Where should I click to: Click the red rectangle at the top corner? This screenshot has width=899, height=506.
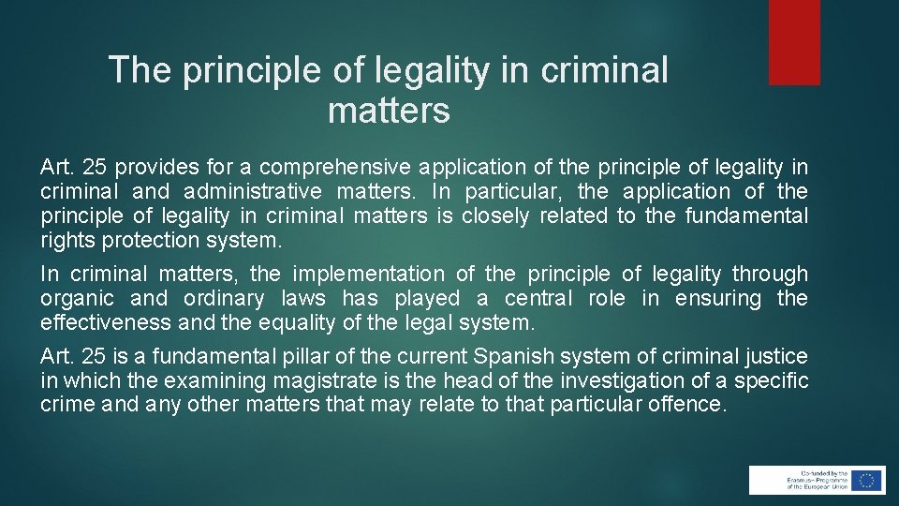[794, 42]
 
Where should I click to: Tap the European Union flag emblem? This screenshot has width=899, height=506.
[867, 480]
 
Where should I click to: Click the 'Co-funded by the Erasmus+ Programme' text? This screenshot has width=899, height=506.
[809, 480]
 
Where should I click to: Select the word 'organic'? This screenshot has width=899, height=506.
[77, 299]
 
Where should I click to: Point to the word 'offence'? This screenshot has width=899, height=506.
[687, 406]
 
